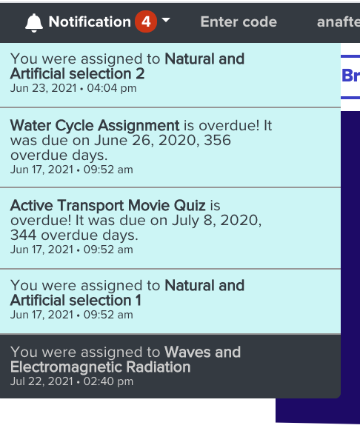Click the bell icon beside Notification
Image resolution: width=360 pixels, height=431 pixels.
click(x=34, y=22)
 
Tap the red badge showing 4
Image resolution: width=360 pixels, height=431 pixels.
click(x=146, y=21)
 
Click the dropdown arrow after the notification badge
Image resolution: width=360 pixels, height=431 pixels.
click(x=166, y=20)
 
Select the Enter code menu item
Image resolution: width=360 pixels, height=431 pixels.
click(x=239, y=21)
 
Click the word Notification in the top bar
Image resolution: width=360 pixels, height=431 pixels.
click(x=90, y=21)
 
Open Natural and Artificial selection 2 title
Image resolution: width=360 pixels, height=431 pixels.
click(x=127, y=66)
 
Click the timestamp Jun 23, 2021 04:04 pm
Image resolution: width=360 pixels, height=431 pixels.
click(x=73, y=88)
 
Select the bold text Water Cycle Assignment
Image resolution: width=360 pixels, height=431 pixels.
click(x=95, y=125)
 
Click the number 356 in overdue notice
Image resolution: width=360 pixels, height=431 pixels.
click(x=217, y=140)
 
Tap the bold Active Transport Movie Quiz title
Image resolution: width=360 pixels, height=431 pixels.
click(x=108, y=205)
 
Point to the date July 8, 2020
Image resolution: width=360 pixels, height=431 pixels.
click(x=217, y=220)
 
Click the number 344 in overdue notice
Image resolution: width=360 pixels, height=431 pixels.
click(x=24, y=235)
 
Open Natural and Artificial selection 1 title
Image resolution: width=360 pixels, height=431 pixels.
click(x=127, y=293)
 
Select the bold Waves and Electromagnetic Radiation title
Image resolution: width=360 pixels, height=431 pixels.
click(x=125, y=359)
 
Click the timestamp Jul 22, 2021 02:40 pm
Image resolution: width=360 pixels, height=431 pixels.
click(x=72, y=381)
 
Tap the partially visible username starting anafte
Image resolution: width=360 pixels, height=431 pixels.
click(x=339, y=21)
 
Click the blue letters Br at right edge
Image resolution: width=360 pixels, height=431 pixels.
click(x=350, y=76)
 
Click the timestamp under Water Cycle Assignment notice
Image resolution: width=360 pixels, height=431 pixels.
click(x=72, y=170)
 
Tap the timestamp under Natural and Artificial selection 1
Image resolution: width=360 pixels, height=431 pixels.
click(x=72, y=315)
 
